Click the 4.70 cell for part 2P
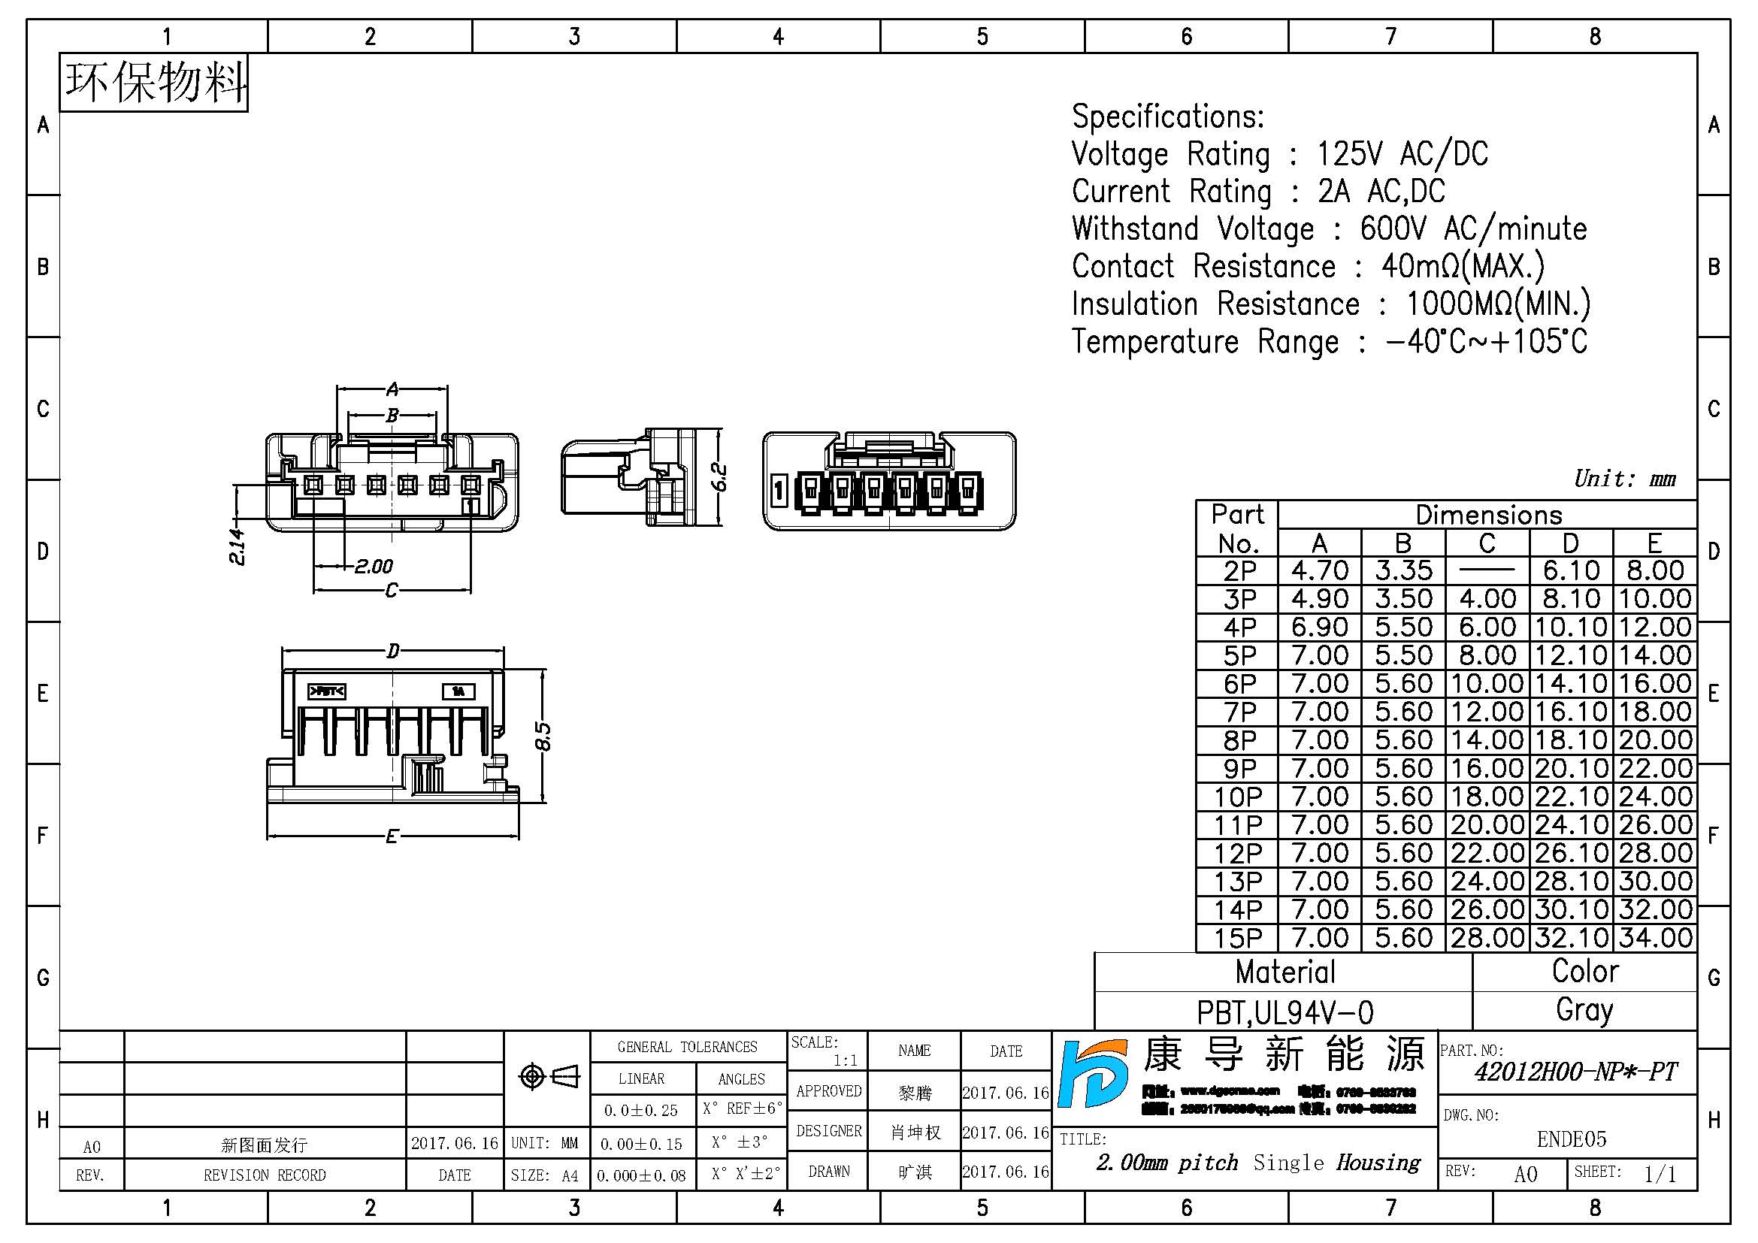tap(1319, 571)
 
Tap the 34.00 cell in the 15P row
tap(1654, 939)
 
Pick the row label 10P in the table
tap(1237, 797)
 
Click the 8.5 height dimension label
tap(542, 736)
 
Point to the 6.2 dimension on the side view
tap(719, 477)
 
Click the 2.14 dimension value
tap(238, 546)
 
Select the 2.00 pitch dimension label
tap(374, 567)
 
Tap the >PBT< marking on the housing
tap(327, 692)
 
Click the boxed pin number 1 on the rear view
tap(779, 490)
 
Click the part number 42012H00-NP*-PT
tap(1575, 1072)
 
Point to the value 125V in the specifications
tap(1349, 154)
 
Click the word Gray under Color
tap(1584, 1010)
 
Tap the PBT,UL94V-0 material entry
tap(1284, 1012)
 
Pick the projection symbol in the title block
tap(547, 1077)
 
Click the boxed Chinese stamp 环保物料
tap(154, 83)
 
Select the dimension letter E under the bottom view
tap(392, 836)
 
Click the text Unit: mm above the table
tap(1624, 479)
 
